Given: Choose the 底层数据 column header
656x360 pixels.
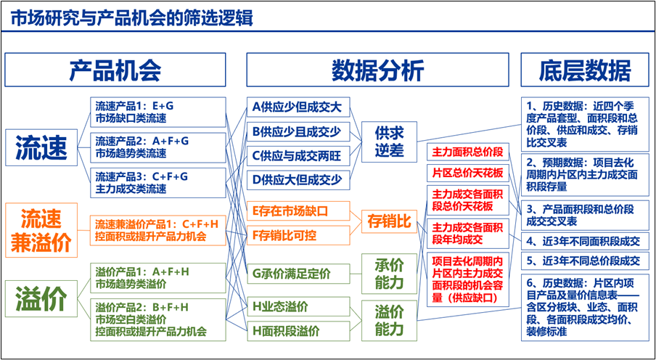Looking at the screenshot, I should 585,70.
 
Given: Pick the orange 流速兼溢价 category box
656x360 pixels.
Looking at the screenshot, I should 41,229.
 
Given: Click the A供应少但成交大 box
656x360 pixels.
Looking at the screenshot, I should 298,109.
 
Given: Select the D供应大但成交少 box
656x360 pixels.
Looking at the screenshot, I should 298,179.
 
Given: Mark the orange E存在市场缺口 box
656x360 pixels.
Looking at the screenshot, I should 298,211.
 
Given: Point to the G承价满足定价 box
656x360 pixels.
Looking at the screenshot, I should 298,274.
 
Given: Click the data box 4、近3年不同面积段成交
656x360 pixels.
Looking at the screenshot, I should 586,241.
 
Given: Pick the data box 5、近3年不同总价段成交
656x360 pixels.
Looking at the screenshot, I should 586,261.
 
